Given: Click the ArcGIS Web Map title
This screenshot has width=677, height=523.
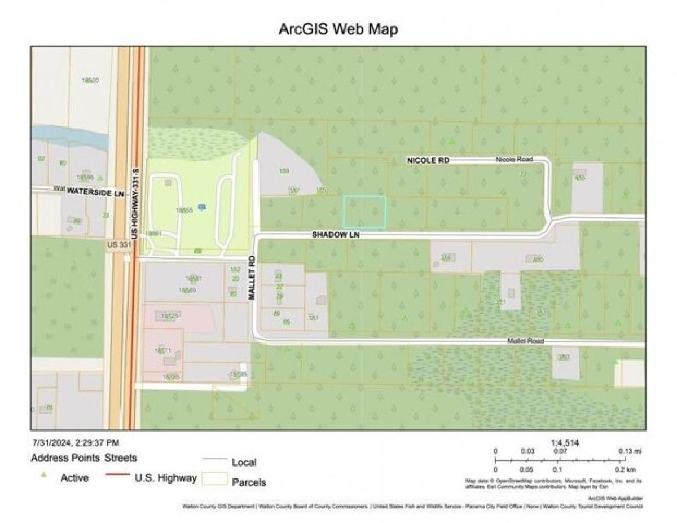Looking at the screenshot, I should (338, 29).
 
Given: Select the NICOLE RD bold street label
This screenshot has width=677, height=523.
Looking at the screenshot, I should (428, 161).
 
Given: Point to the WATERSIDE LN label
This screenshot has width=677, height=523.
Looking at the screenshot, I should (95, 192).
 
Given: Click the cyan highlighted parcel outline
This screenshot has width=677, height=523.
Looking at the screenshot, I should (364, 212).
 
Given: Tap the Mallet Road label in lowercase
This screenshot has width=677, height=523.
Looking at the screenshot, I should (525, 341).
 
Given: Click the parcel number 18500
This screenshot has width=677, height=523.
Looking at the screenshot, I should (90, 81).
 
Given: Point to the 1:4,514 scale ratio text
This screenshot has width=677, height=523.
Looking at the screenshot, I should (565, 443).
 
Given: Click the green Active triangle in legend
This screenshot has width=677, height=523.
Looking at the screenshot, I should (43, 476).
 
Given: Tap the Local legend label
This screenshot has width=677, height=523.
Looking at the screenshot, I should (244, 462).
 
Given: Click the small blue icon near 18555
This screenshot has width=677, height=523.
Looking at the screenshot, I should (202, 207).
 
